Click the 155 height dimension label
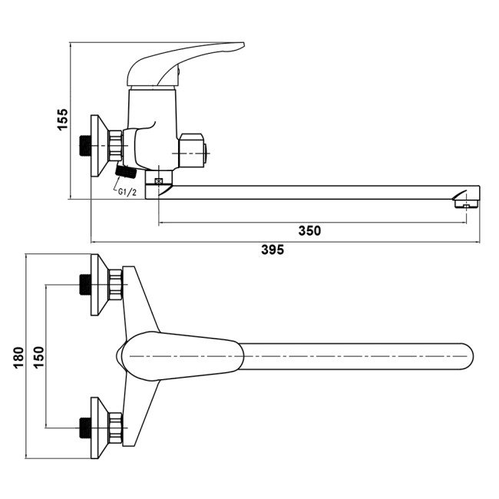(63, 121)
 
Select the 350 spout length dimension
(310, 230)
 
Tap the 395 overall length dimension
(273, 249)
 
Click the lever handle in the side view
(184, 61)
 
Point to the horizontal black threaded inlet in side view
(86, 144)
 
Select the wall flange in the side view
(98, 144)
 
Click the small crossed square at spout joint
(158, 181)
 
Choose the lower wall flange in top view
(99, 427)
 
